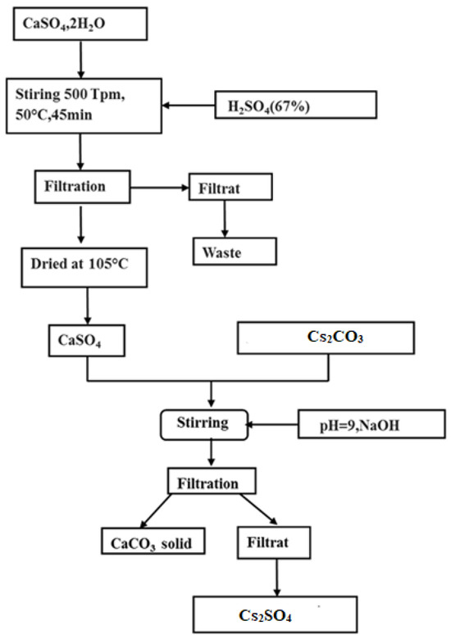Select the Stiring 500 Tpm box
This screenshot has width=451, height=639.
pos(79,105)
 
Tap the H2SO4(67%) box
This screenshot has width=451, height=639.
pos(294,105)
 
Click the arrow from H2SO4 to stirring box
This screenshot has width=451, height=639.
pos(189,105)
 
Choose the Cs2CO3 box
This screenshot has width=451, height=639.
pos(329,338)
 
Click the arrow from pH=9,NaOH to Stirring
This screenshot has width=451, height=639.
pos(275,424)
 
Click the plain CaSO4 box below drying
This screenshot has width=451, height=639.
pos(84,338)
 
